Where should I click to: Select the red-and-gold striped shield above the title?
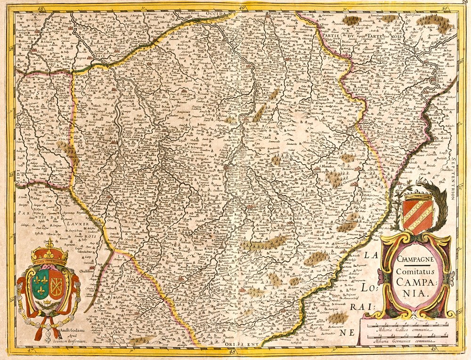coord(417,216)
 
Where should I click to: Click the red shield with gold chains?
coord(56,285)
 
